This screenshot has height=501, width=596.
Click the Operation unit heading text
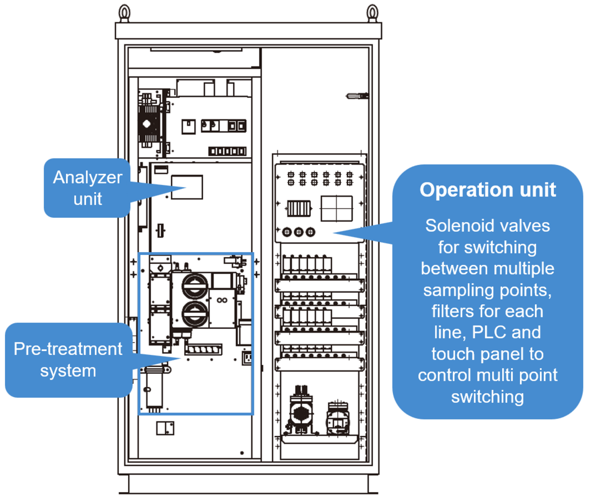coord(487,190)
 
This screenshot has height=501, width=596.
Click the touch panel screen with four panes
coord(336,208)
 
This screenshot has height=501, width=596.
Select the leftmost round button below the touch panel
coord(287,232)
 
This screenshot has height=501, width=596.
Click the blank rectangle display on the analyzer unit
coord(186,186)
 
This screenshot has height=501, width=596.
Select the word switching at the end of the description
coord(488,397)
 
